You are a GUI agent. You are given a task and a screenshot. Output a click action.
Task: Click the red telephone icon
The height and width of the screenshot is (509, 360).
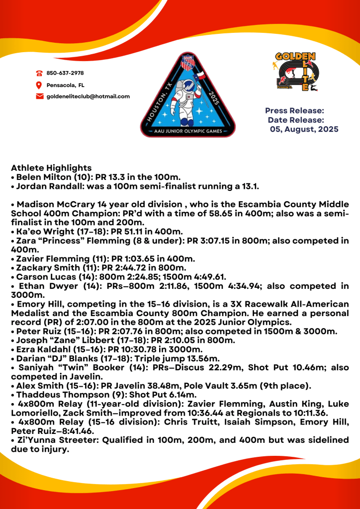click(x=39, y=73)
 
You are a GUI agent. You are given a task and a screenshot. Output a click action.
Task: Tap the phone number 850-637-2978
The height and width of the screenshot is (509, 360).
click(x=65, y=73)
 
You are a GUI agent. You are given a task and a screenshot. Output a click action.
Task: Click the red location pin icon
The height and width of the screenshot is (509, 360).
click(x=39, y=85)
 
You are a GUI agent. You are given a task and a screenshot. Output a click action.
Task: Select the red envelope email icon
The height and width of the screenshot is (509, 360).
click(x=40, y=96)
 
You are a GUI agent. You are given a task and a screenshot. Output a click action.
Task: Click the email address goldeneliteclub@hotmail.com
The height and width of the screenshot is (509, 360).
click(x=88, y=96)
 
